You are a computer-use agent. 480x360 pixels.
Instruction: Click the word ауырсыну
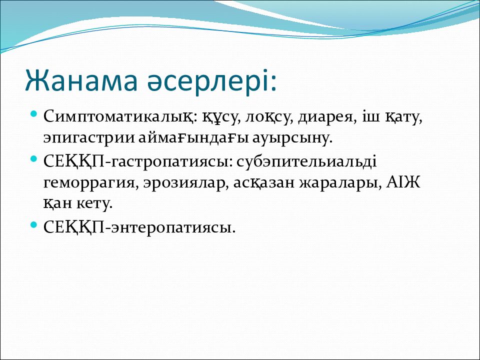coord(292,138)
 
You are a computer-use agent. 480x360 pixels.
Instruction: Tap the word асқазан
coord(264,183)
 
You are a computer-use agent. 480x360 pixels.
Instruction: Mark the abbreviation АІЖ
coord(403,183)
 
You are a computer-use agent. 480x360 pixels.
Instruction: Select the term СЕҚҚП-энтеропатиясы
coord(139,227)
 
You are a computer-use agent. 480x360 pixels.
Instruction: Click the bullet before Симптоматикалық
coord(34,114)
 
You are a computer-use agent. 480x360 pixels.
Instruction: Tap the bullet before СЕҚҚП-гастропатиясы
coord(34,159)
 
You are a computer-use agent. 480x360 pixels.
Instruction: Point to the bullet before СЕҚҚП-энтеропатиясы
coord(34,225)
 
